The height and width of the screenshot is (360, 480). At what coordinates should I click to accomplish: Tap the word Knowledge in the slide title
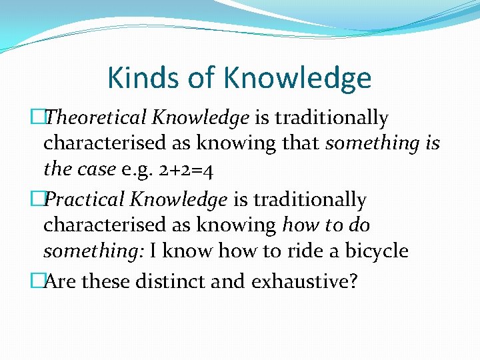pyautogui.click(x=298, y=79)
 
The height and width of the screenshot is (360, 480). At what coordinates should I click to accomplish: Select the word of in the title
pyautogui.click(x=201, y=77)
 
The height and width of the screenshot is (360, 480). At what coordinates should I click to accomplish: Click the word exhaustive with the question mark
pyautogui.click(x=305, y=281)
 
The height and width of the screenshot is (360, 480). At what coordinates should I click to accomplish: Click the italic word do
pyautogui.click(x=359, y=225)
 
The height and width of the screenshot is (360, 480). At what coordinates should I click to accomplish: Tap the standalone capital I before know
pyautogui.click(x=153, y=251)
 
